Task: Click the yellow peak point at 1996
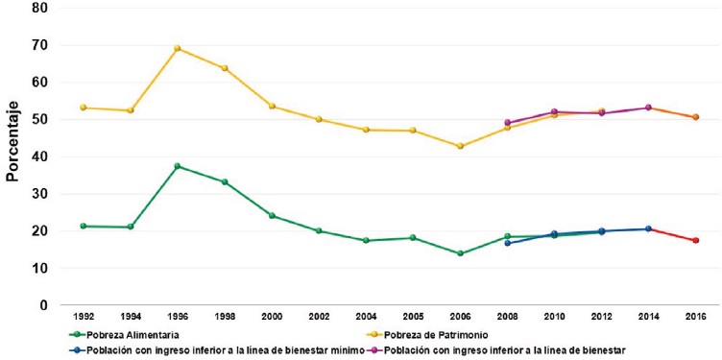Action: pos(177,49)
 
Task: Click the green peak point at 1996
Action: pos(177,166)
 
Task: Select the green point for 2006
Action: pos(460,253)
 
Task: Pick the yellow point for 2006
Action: pos(460,146)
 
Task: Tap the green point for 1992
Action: pos(84,226)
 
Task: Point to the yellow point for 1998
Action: pos(225,68)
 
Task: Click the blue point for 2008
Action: pos(507,243)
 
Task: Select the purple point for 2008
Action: pos(507,123)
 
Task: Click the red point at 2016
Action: pos(695,240)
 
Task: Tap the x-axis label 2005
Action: pos(413,317)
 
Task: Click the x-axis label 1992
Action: pos(84,317)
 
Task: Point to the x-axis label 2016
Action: pos(695,317)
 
